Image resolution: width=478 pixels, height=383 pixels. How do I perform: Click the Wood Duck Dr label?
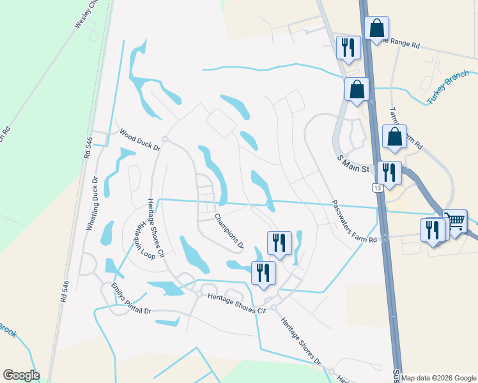tap(139, 139)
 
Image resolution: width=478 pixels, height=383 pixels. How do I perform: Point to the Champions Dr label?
tap(229, 231)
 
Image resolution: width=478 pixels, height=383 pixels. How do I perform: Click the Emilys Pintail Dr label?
tap(131, 299)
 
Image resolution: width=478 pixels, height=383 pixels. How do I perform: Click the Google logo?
tap(21, 375)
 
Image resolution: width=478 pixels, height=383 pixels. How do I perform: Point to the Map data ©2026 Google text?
tap(439, 378)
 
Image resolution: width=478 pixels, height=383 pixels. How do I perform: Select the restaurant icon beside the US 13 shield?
tap(389, 172)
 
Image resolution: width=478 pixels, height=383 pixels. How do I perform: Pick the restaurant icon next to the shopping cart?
tap(433, 230)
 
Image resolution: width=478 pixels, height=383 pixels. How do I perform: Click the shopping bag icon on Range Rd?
tap(377, 28)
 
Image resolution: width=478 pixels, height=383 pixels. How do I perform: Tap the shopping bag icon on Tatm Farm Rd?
tap(395, 137)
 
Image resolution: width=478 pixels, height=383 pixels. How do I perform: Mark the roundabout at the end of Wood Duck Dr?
tap(165, 139)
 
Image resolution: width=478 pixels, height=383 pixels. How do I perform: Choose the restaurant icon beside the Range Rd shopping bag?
tap(348, 47)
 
